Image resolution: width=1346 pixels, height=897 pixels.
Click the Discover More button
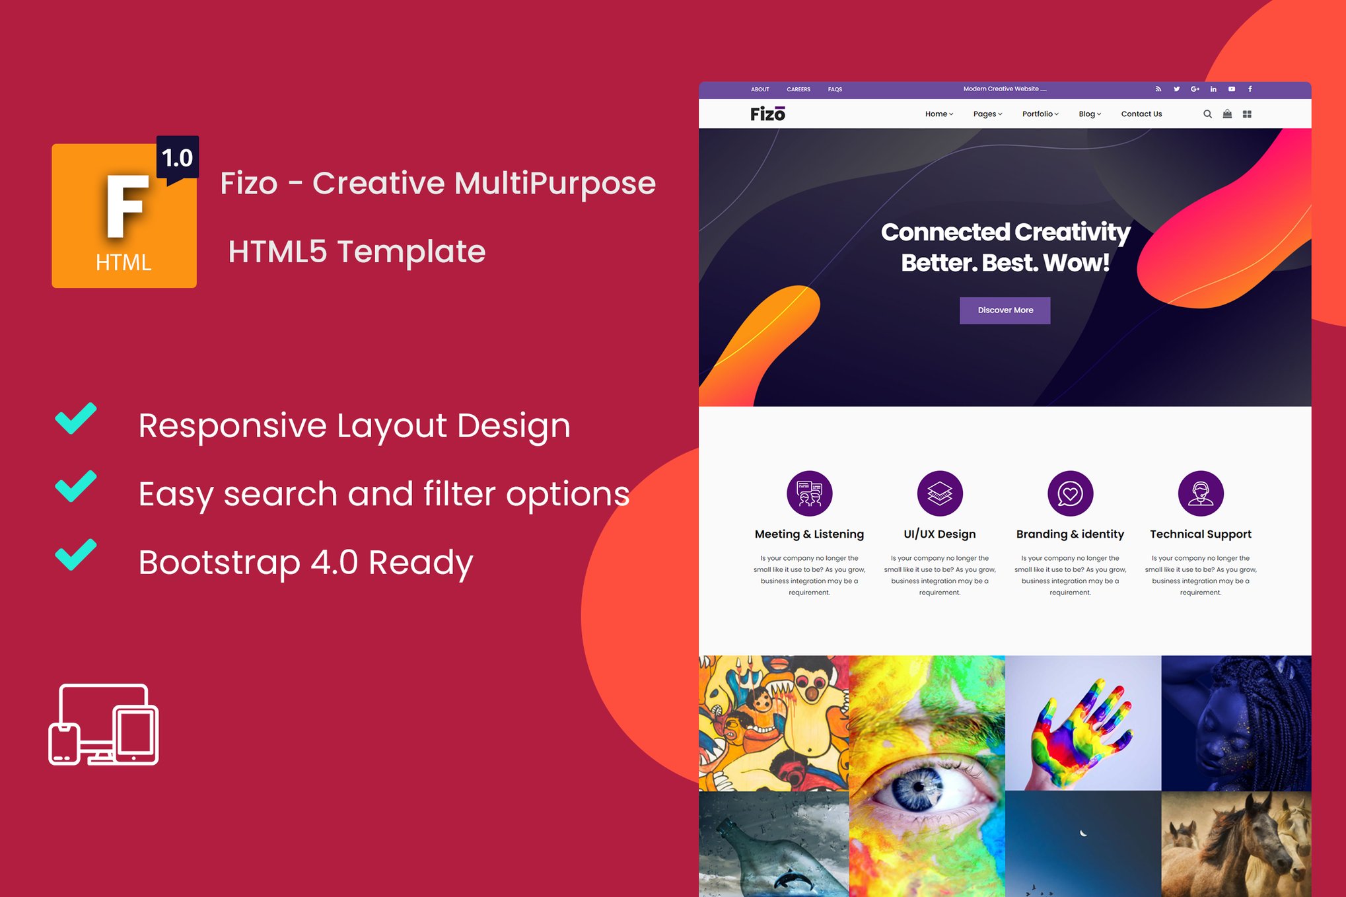pos(1005,310)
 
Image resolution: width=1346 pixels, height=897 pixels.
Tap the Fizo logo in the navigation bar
pos(767,114)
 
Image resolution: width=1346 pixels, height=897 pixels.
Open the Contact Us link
pos(1141,114)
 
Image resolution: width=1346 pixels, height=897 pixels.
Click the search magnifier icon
pos(1207,114)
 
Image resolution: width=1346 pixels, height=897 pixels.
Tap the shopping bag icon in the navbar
pos(1227,114)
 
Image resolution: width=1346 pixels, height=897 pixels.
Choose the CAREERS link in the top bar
pos(798,89)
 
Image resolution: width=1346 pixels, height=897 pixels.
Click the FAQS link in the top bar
pos(835,89)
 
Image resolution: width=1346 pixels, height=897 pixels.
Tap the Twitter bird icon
pos(1176,89)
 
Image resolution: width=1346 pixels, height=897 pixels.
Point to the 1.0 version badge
pos(177,159)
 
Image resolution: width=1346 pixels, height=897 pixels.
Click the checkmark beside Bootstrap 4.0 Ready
pos(76,555)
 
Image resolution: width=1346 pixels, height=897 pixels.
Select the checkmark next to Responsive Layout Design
pos(76,418)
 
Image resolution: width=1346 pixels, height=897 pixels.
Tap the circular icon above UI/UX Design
pos(940,493)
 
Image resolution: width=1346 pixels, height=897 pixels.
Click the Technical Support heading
pos(1201,534)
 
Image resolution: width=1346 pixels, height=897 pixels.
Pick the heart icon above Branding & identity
pos(1070,493)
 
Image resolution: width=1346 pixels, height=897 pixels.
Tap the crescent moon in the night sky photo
pos(1083,833)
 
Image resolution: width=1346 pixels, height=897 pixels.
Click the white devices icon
pos(104,725)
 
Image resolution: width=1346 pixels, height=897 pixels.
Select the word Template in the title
pos(411,252)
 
